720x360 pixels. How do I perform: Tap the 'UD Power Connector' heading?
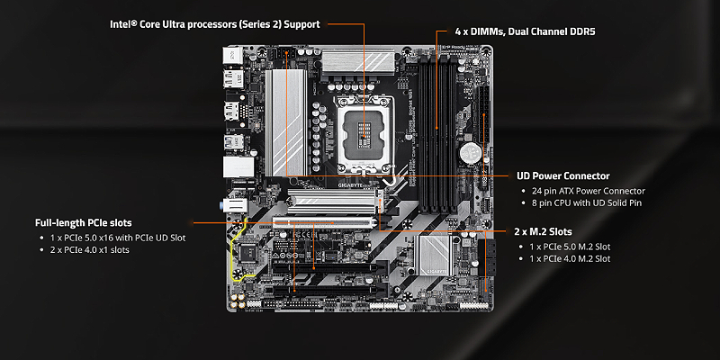point(563,176)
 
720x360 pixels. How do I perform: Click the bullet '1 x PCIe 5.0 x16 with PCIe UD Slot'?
point(112,238)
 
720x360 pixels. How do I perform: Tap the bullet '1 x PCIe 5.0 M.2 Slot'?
point(571,246)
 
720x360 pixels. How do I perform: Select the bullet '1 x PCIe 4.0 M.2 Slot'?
point(571,259)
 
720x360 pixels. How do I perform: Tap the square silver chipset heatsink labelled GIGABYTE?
point(436,254)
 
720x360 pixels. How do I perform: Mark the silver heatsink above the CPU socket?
point(356,61)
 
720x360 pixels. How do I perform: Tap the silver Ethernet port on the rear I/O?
point(236,167)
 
